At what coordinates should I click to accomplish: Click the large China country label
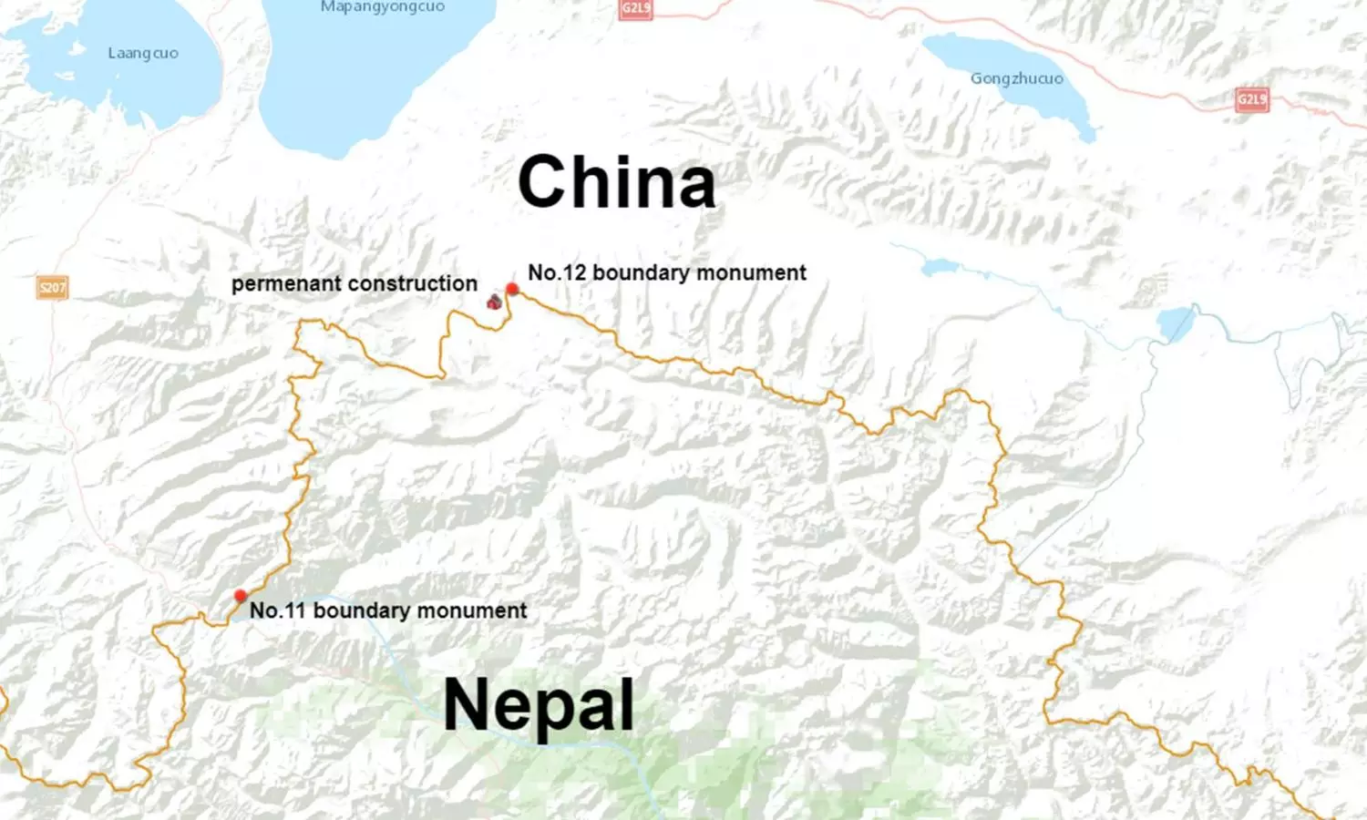coord(617,182)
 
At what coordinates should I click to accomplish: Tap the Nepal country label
coord(539,706)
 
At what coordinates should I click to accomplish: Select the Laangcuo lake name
coord(143,53)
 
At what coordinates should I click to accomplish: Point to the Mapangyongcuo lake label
coord(383,7)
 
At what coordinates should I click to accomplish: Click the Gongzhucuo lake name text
coord(1016,78)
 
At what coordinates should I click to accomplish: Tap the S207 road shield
coord(52,288)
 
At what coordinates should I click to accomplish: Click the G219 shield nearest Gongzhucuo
coord(1251,99)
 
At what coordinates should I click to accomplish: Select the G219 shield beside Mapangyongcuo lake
coord(635,9)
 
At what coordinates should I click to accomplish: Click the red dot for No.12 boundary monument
coord(512,289)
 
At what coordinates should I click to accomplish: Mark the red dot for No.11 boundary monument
coord(241,596)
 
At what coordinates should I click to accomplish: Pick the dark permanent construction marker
coord(494,301)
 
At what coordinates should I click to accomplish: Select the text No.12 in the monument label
coord(557,272)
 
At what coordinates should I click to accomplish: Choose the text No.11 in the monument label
coord(278,610)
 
